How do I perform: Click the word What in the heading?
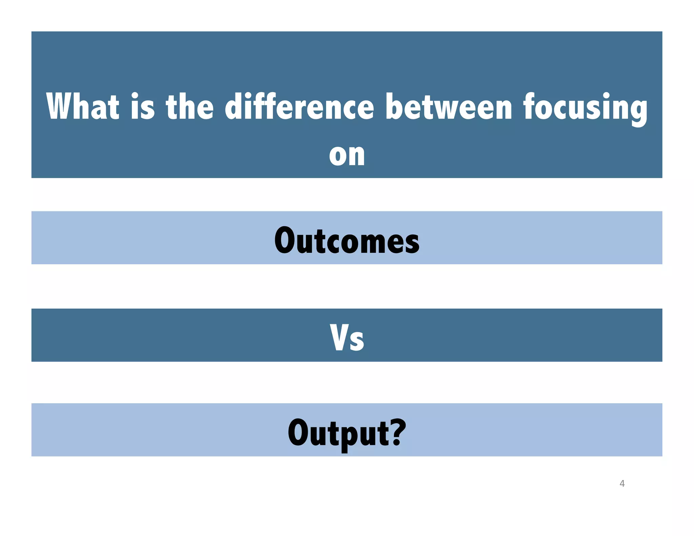pyautogui.click(x=83, y=106)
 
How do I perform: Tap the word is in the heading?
pyautogui.click(x=143, y=106)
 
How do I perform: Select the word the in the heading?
pyautogui.click(x=190, y=106)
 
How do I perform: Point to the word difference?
pyautogui.click(x=300, y=106)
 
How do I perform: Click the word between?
pyautogui.click(x=449, y=106)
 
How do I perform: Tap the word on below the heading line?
pyautogui.click(x=347, y=155)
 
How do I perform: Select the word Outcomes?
pyautogui.click(x=347, y=240)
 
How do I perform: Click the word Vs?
pyautogui.click(x=347, y=337)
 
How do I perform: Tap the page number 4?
pyautogui.click(x=622, y=483)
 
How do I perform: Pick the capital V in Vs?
pyautogui.click(x=339, y=337)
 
